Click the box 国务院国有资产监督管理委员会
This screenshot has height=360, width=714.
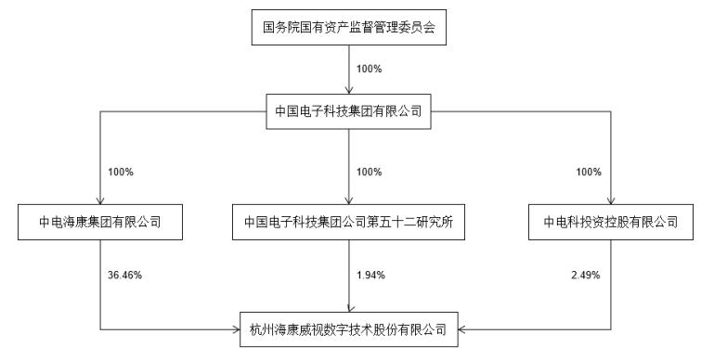coord(349,29)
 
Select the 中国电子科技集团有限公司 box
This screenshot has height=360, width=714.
coord(349,111)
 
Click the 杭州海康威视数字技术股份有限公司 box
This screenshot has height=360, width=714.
coord(349,328)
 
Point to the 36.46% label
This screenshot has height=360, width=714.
coord(123,275)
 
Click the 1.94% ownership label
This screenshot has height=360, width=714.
coord(370,275)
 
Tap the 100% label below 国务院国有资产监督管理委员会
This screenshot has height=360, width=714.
coord(369,69)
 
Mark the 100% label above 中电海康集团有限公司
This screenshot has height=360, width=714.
coord(122,172)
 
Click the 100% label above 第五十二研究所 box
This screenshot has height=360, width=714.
coord(369,172)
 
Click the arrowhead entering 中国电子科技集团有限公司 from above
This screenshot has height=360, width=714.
coord(349,91)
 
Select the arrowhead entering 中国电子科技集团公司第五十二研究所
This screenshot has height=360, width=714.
coord(349,200)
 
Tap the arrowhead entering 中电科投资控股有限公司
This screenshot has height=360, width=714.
coord(609,200)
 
